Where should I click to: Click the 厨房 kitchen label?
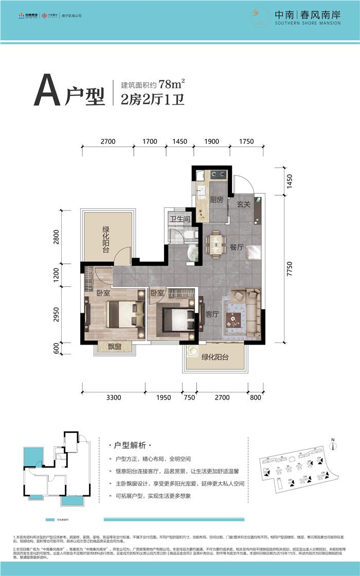(x=217, y=200)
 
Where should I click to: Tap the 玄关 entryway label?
(x=243, y=204)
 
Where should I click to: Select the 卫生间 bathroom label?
(x=180, y=220)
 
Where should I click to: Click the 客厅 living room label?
(x=212, y=314)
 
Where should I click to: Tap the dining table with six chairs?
(x=215, y=244)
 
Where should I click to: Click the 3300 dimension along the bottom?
(x=113, y=397)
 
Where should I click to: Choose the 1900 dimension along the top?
(x=211, y=141)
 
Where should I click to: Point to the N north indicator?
(x=333, y=439)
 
